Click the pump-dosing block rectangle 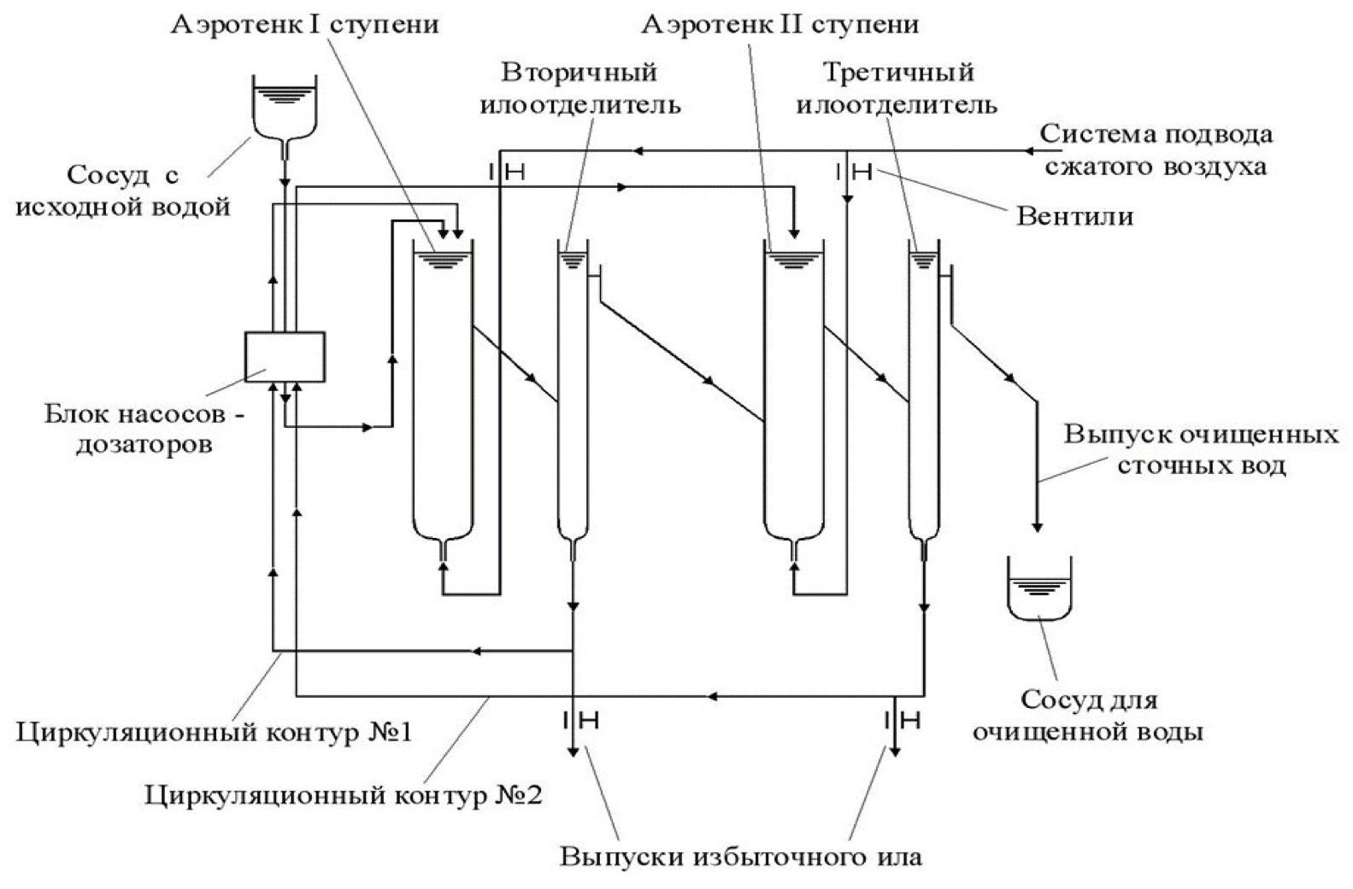[285, 356]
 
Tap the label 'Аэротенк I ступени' [305, 24]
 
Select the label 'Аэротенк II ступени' [780, 24]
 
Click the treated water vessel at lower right [1038, 589]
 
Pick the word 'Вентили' [1074, 215]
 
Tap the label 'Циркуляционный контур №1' [215, 733]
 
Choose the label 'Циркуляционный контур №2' [344, 795]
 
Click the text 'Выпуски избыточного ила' [741, 857]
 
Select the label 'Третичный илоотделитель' [897, 89]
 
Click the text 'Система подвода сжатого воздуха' [1156, 149]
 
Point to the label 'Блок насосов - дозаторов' [144, 430]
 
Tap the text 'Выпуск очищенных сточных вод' [1200, 450]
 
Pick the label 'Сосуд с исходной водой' [123, 190]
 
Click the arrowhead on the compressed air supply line [636, 151]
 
